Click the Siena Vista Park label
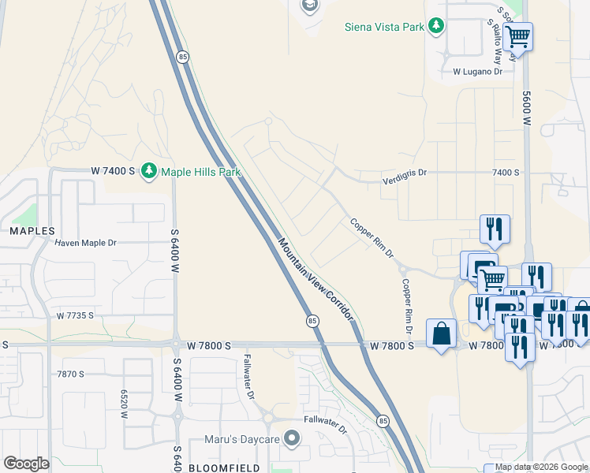384,27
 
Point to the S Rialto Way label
495,41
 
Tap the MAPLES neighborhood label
32,231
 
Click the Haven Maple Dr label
85,243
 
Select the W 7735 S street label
75,315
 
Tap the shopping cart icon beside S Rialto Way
517,36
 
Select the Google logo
26,464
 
